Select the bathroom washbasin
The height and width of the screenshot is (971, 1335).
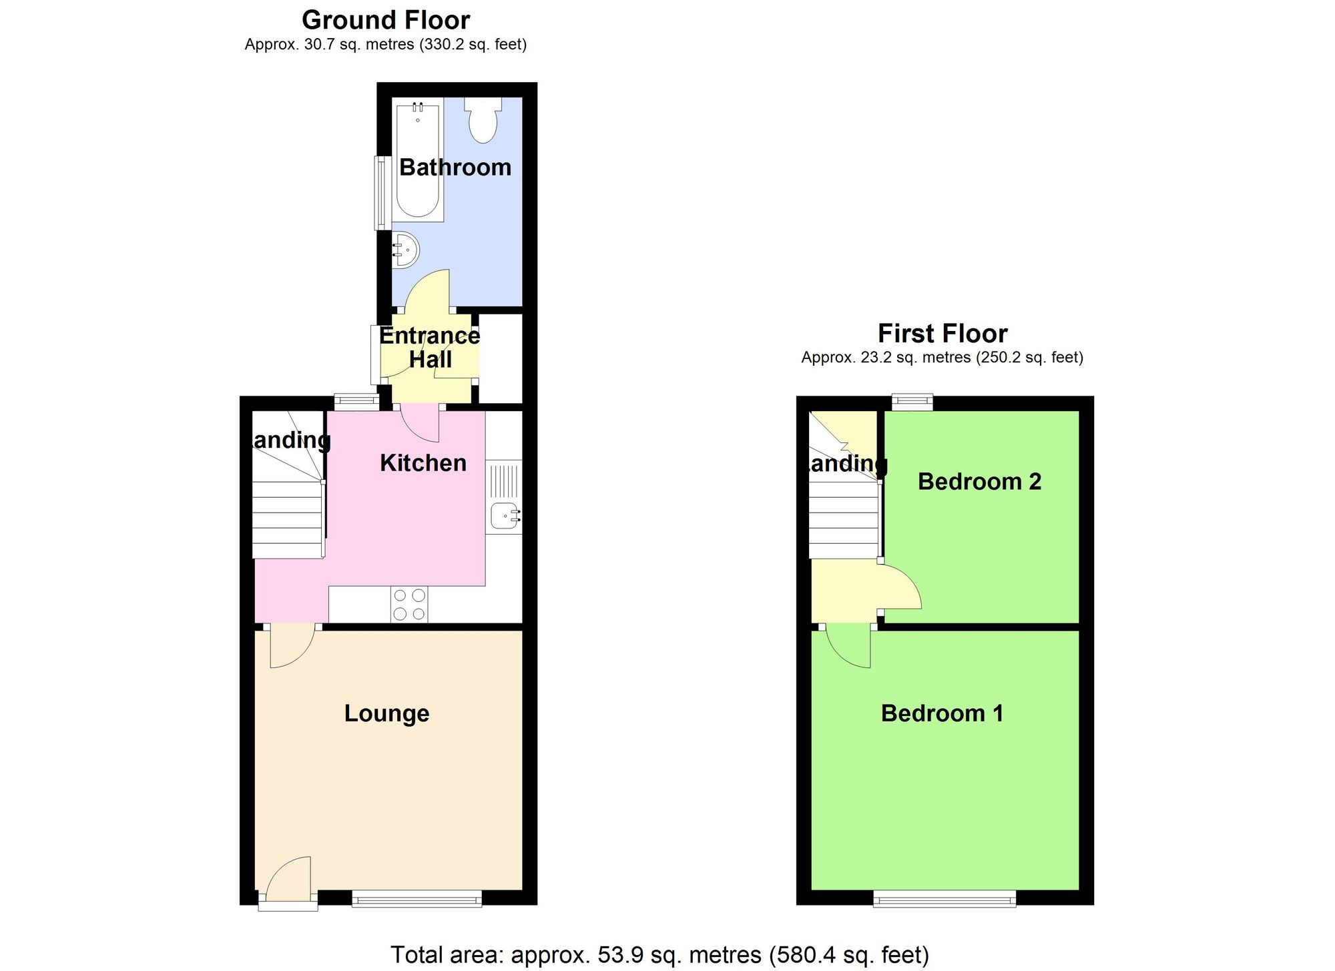[x=405, y=250]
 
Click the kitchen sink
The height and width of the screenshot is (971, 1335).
[x=505, y=515]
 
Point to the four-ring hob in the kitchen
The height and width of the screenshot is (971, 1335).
[x=409, y=605]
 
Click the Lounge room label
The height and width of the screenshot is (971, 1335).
[x=386, y=713]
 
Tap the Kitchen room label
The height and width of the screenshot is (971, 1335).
[x=423, y=462]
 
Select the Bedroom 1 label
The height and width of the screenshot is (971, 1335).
[x=942, y=713]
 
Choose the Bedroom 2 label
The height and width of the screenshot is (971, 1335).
[x=979, y=481]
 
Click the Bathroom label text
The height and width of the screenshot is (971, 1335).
[x=455, y=167]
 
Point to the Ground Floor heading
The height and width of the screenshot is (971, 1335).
[x=386, y=20]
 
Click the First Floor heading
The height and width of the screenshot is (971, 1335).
[x=942, y=333]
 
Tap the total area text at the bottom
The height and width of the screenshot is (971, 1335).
[x=659, y=955]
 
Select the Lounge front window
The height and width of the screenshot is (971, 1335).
[x=417, y=900]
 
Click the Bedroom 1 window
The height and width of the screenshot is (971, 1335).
[x=945, y=900]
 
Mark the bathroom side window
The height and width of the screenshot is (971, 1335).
[x=382, y=193]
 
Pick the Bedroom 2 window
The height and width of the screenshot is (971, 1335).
[x=912, y=402]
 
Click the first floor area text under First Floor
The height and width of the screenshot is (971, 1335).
[x=942, y=358]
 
